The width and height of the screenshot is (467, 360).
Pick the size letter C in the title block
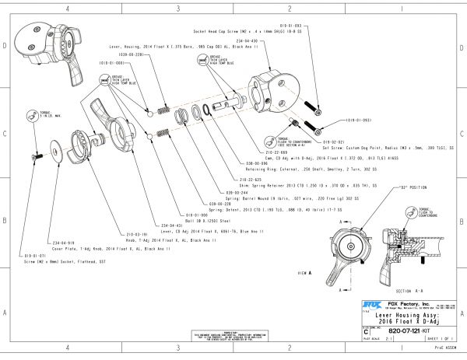coord(366,330)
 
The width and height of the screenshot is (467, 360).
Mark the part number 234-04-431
coord(173,225)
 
